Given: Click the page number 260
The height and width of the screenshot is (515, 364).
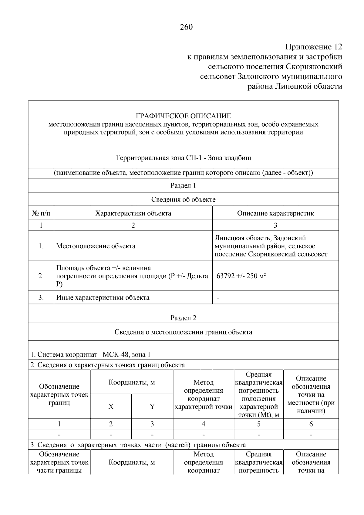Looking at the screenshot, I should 186,27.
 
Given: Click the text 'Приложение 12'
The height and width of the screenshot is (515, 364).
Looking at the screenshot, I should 313,47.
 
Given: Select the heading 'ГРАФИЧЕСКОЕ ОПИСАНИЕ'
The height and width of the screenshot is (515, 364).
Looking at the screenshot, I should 183,116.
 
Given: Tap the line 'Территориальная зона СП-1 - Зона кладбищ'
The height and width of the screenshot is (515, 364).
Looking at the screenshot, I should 183,158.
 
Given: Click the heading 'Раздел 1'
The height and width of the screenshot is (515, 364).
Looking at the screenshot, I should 183,185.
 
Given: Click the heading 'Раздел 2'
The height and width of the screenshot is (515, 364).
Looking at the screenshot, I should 183,318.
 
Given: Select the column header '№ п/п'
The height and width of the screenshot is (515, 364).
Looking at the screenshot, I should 41,213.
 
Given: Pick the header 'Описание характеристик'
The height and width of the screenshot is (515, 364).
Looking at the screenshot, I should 275,213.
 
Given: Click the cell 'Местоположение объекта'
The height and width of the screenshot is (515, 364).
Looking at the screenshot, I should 96,246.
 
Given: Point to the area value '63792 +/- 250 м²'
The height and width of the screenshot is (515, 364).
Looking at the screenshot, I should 241,276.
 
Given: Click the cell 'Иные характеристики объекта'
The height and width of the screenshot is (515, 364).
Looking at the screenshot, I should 103,297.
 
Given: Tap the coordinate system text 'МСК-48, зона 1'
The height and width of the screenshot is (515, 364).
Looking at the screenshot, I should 126,354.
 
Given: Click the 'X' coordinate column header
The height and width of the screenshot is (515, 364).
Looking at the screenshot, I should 111,407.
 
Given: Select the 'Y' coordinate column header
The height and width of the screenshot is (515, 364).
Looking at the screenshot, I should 152,407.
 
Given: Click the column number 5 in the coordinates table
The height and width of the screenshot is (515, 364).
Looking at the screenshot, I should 258,424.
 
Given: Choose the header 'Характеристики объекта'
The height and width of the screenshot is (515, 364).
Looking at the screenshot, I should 133,213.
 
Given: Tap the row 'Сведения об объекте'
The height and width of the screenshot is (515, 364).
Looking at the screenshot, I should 183,199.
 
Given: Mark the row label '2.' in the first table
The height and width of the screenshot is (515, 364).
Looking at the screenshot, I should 41,276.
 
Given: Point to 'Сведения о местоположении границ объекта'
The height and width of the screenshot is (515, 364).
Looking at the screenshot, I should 183,332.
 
